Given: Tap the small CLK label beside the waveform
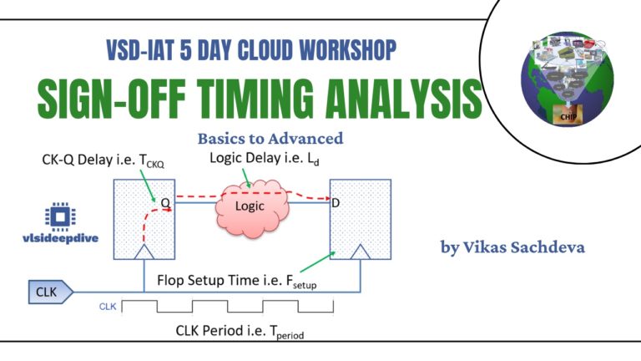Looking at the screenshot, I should tap(108, 307).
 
